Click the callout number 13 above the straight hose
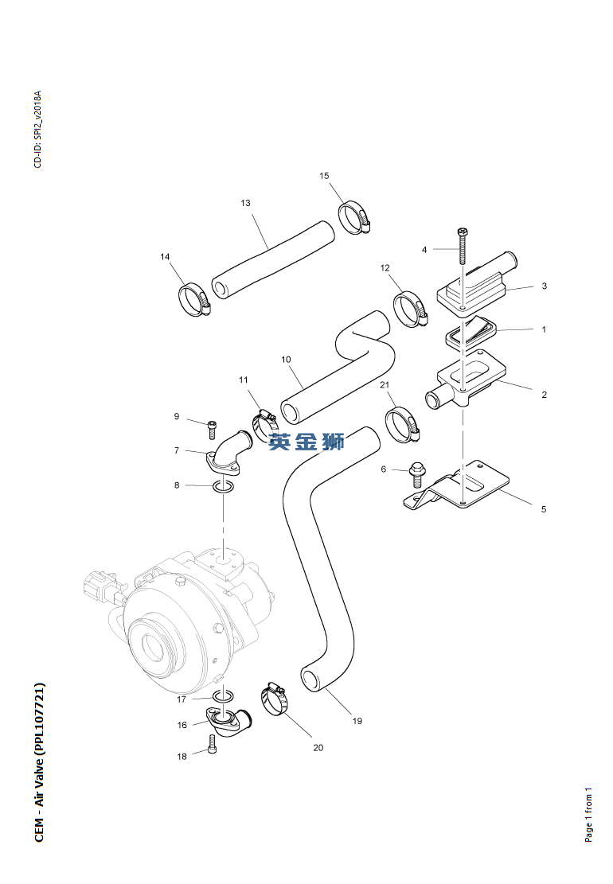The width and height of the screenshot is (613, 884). (x=245, y=204)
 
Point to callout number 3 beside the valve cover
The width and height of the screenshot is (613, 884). (x=544, y=286)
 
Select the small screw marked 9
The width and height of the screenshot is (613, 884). (x=212, y=426)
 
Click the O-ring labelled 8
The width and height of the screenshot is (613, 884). (x=224, y=485)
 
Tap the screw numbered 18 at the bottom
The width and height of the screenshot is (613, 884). (x=212, y=744)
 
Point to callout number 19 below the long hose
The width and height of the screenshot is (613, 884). (x=357, y=721)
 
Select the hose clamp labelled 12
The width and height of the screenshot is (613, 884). (x=411, y=310)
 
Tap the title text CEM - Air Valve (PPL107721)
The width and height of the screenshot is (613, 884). (x=40, y=762)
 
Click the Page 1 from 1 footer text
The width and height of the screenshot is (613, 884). (x=589, y=815)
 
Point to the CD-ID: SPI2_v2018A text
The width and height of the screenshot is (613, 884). (x=37, y=129)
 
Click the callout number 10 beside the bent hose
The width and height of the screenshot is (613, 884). (x=286, y=360)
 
